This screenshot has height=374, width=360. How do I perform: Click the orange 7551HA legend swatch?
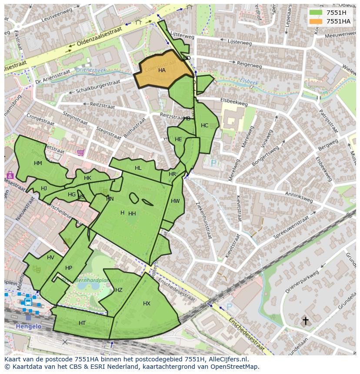[316, 21]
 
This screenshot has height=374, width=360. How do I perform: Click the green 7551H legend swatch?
[316, 13]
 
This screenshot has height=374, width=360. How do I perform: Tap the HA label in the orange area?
[162, 70]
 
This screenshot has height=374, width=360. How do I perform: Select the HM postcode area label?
[38, 163]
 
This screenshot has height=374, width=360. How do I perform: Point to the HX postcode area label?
[147, 304]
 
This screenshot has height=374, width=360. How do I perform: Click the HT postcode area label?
[82, 323]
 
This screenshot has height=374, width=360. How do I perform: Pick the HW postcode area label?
[175, 201]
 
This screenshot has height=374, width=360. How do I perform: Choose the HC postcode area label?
[204, 126]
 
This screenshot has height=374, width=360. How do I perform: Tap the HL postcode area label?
[138, 168]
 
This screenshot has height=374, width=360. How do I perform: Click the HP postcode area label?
[68, 268]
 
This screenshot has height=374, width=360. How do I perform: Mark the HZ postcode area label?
[119, 290]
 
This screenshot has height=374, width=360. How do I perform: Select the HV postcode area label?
[51, 258]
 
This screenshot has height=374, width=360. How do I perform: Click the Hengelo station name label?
[29, 326]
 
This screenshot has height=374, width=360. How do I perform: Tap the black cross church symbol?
[305, 321]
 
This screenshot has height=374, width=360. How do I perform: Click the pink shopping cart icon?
[80, 152]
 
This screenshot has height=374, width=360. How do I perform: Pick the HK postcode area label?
[87, 178]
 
